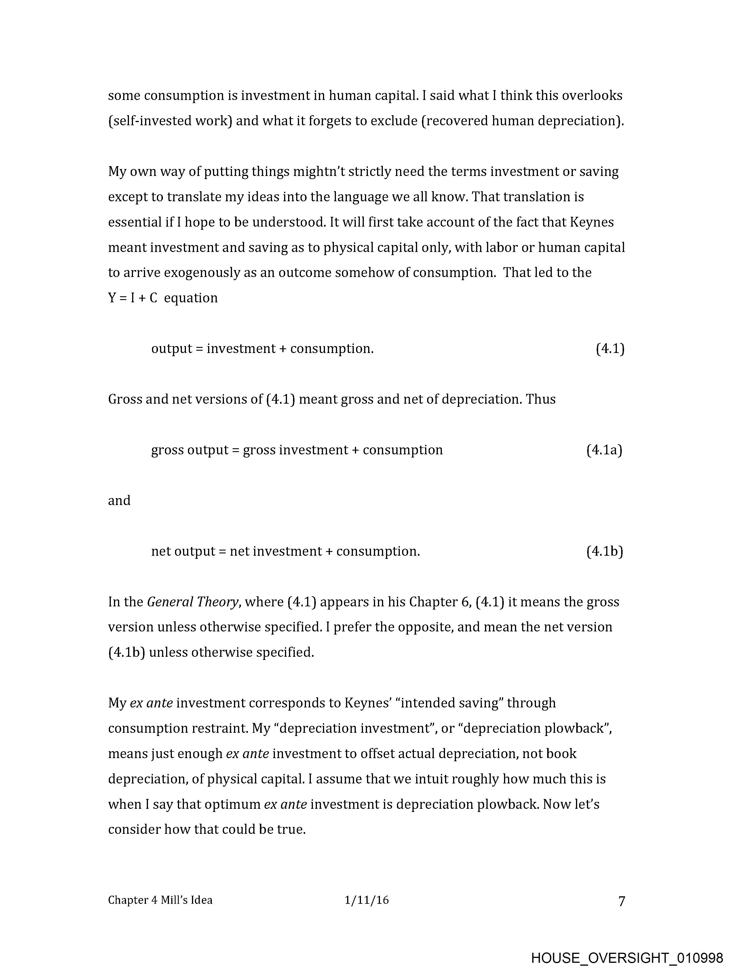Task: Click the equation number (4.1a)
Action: coord(604,450)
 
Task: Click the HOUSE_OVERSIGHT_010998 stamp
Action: coord(627,958)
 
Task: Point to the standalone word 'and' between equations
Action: coord(119,501)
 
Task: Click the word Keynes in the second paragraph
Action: coord(592,222)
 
